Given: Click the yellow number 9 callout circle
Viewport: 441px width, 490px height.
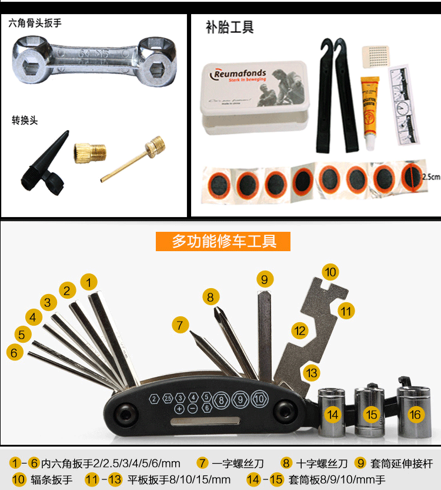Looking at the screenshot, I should click(x=265, y=279).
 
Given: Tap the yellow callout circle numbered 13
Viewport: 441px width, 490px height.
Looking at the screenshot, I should click(x=312, y=372).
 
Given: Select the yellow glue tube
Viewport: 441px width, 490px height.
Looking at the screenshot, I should click(x=369, y=111).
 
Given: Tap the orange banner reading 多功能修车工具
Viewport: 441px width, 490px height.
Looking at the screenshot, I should click(x=223, y=241).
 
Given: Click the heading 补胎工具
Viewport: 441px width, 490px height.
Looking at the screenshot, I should click(x=229, y=27).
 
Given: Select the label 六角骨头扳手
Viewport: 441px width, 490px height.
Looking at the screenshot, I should click(x=35, y=23).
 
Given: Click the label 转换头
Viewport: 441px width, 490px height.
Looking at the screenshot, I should click(x=25, y=120).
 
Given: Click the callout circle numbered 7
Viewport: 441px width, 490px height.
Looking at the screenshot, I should click(x=181, y=325).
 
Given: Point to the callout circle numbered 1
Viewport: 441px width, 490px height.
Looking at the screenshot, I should click(x=89, y=282).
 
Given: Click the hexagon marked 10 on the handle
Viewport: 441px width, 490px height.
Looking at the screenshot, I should click(x=259, y=400).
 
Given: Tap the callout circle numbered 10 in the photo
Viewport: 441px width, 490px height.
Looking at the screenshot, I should click(x=330, y=272).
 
